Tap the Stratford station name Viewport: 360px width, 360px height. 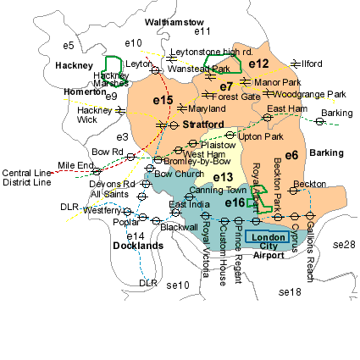(x=203, y=125)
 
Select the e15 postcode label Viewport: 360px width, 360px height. (x=163, y=101)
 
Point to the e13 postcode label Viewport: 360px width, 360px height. (x=222, y=176)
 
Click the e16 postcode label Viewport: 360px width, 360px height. (x=235, y=202)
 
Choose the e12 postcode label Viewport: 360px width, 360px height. (x=259, y=64)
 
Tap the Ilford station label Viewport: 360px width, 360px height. (x=313, y=64)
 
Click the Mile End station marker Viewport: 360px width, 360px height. (x=97, y=171)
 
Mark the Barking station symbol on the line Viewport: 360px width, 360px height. (x=319, y=122)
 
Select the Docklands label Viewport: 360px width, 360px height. (x=138, y=246)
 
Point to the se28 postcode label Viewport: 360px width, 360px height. (x=344, y=245)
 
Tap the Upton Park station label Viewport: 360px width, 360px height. (x=260, y=136)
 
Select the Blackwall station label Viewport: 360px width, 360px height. (x=179, y=227)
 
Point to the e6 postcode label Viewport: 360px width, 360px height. (x=291, y=155)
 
